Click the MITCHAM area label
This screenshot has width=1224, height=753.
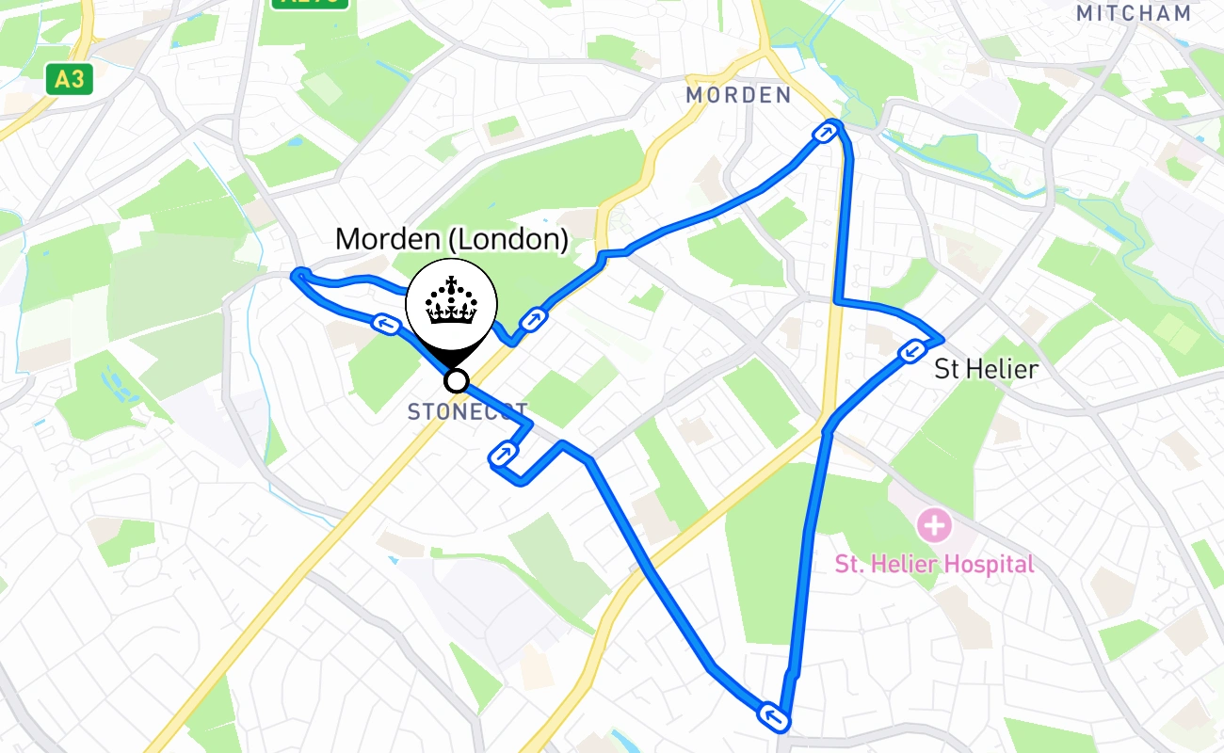pos(1134,13)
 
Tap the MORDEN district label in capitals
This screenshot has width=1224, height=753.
pos(738,95)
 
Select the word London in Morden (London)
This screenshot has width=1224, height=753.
pos(508,239)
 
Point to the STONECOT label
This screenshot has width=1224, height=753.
pos(468,411)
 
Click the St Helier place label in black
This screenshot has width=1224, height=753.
pos(986,369)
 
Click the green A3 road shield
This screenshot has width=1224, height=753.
pos(70,79)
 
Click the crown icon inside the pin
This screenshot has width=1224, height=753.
pos(452,301)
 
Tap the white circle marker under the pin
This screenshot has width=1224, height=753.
pos(457,380)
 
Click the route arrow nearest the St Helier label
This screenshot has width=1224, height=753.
pos(910,352)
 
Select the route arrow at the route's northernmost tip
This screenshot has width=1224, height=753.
pos(826,133)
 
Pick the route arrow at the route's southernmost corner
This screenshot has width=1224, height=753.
pos(773,718)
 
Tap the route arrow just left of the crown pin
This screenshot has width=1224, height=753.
pos(384,325)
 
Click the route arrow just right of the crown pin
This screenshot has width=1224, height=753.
pos(534,320)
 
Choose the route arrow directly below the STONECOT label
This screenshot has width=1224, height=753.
pos(504,456)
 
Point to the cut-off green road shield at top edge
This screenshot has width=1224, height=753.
pos(311,3)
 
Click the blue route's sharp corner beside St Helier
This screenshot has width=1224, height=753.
pos(940,339)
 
